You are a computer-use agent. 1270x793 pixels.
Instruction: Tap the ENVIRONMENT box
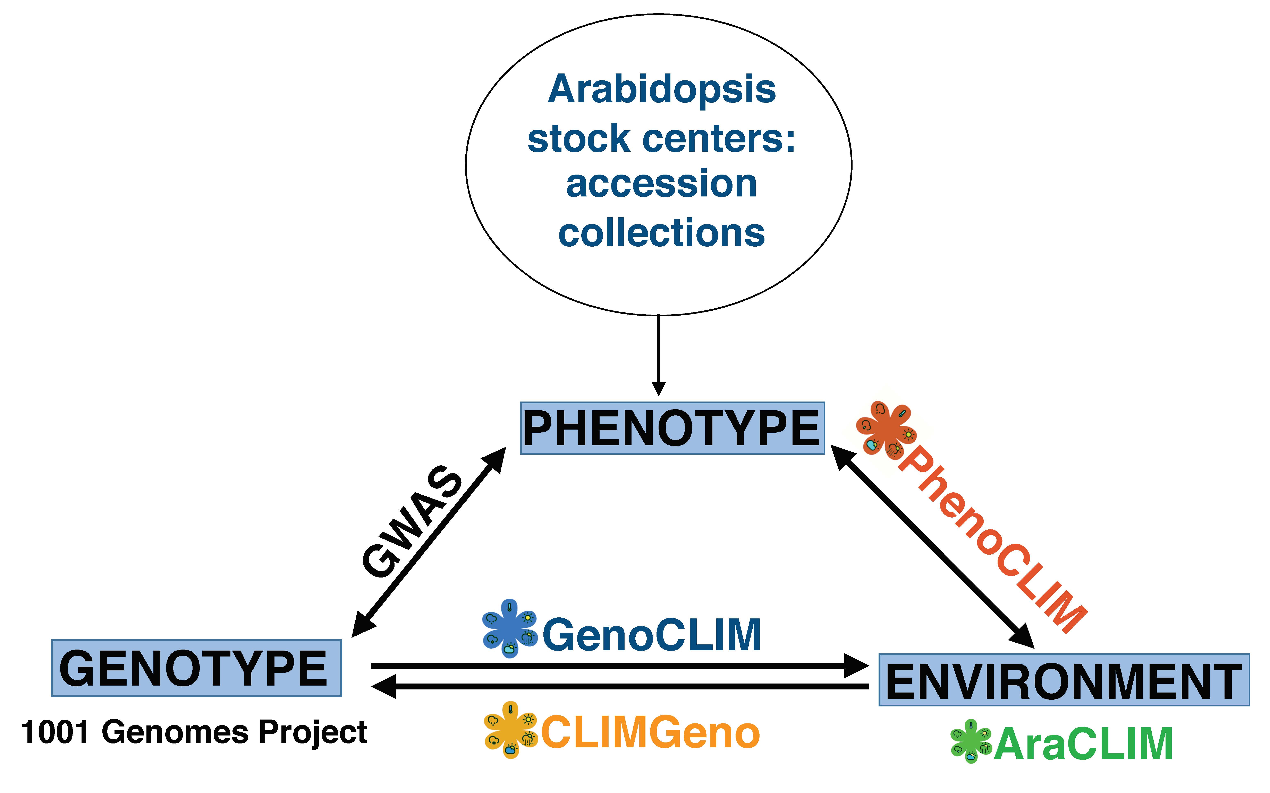coord(1064,680)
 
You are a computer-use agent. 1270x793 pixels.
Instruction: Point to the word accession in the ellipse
coord(661,185)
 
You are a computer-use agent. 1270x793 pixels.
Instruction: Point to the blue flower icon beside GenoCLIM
coord(509,628)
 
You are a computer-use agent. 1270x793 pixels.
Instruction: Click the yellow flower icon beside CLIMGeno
coord(510,730)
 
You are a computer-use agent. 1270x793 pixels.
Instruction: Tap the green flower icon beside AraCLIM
coord(970,741)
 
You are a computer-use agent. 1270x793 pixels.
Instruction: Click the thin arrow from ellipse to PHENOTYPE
coord(659,351)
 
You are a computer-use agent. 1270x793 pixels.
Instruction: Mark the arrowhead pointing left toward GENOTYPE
coord(384,686)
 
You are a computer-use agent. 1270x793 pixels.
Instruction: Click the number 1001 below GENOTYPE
coord(54,732)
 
